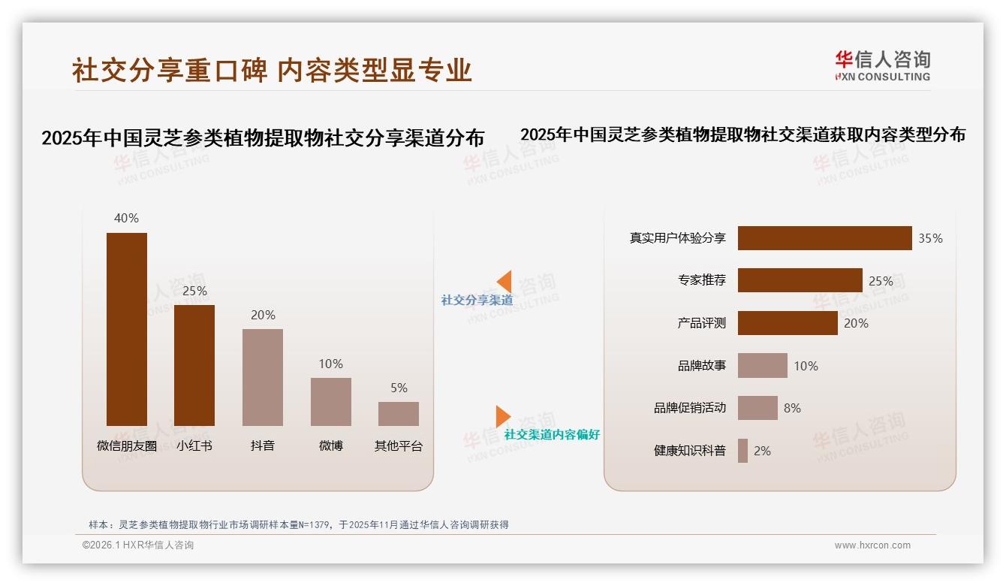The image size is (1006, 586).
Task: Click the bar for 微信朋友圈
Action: click(x=126, y=329)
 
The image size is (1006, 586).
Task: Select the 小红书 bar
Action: click(x=194, y=365)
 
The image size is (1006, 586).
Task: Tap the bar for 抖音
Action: click(x=263, y=377)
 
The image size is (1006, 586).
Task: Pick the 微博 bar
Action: click(x=331, y=402)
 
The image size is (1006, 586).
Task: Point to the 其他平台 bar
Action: click(x=399, y=414)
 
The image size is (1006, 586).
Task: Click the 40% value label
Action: click(x=126, y=218)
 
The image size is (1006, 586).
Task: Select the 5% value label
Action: click(x=399, y=388)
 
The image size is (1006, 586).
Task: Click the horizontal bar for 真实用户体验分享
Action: click(x=824, y=238)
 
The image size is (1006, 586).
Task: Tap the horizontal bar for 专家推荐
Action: click(x=800, y=280)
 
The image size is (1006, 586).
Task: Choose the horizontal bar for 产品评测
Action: click(x=788, y=323)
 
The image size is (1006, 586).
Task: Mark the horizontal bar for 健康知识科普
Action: click(x=742, y=451)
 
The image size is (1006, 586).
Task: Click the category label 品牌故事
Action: click(x=702, y=366)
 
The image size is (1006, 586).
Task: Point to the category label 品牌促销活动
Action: click(x=690, y=408)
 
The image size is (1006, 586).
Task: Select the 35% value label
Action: click(x=930, y=238)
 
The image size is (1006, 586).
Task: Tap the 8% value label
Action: click(x=792, y=408)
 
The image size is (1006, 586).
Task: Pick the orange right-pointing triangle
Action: click(x=502, y=416)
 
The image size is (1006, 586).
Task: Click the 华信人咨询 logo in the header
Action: click(x=882, y=65)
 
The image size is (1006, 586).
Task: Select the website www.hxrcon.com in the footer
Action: click(x=872, y=545)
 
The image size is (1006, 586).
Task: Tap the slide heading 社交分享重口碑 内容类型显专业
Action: click(x=272, y=70)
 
